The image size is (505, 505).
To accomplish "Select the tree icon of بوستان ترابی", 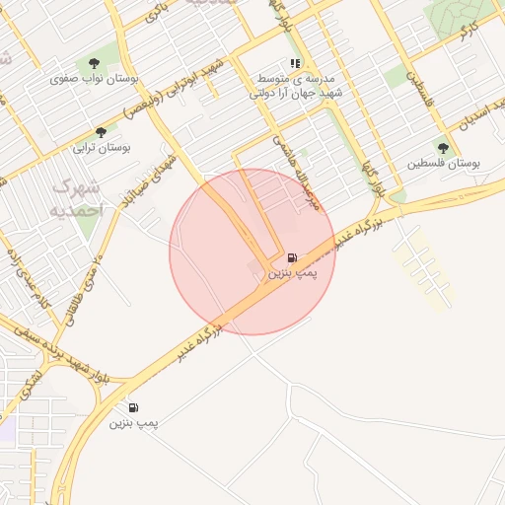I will (100, 133).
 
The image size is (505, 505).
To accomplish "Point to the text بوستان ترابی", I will (97, 149).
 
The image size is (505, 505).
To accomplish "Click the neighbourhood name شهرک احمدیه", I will (76, 196).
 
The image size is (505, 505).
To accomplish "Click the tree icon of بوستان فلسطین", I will (443, 148).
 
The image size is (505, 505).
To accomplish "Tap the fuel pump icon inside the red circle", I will (292, 256).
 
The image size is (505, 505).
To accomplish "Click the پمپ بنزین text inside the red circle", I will (292, 272).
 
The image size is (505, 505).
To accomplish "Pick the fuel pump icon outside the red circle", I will (133, 407).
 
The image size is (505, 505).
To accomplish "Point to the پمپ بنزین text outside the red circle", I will (133, 423).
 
